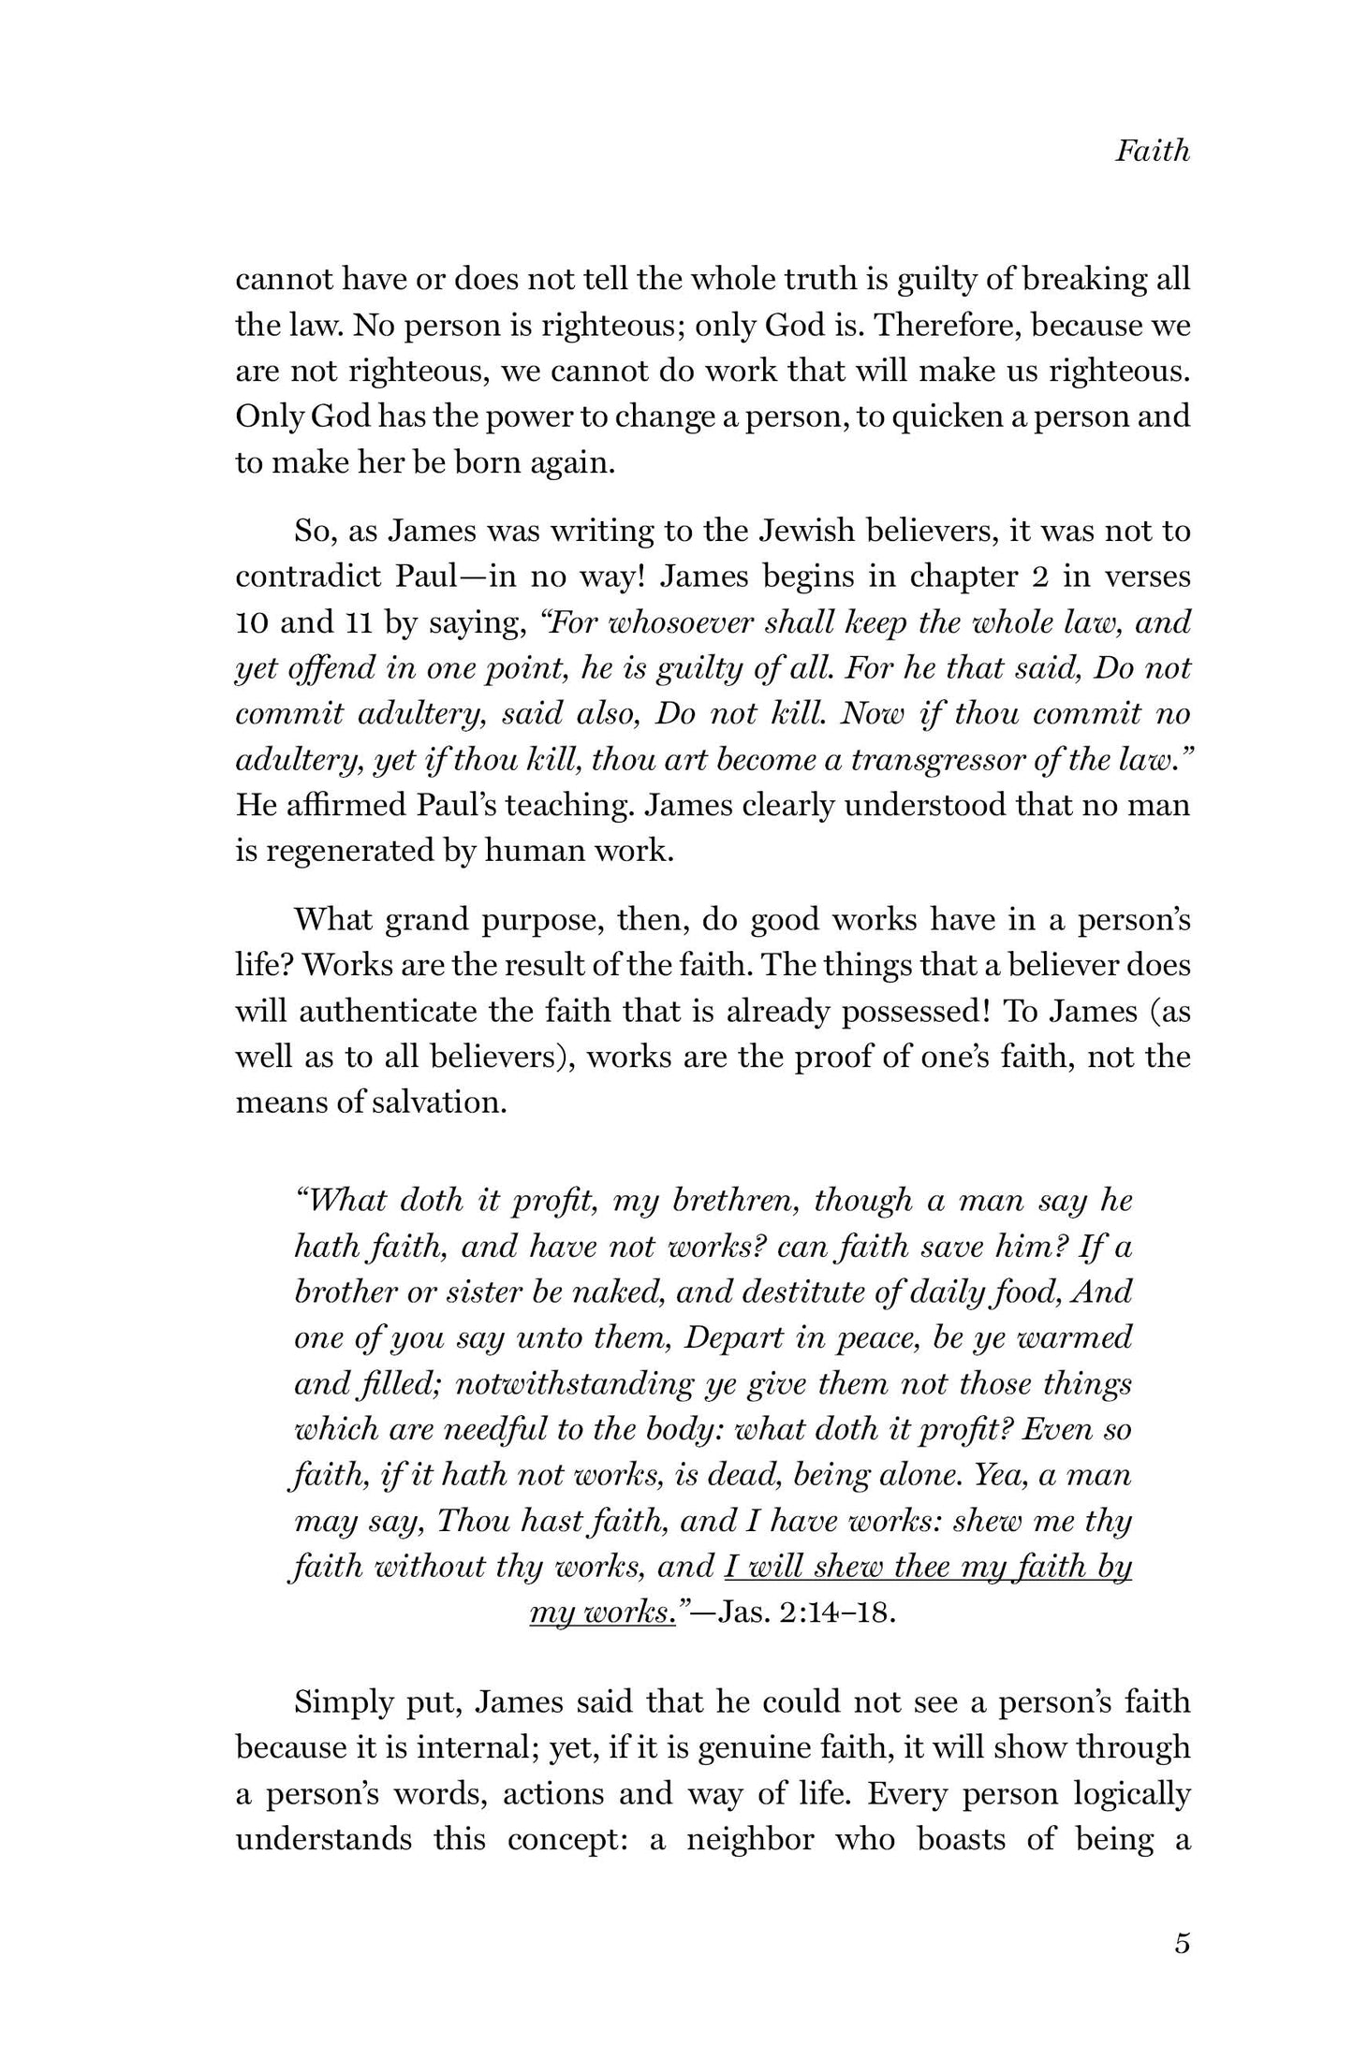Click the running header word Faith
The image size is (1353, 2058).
click(1152, 151)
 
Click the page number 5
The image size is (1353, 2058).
click(1182, 1944)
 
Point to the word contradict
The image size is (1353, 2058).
click(307, 576)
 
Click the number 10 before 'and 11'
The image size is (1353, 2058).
click(252, 621)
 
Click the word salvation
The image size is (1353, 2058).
click(444, 1102)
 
